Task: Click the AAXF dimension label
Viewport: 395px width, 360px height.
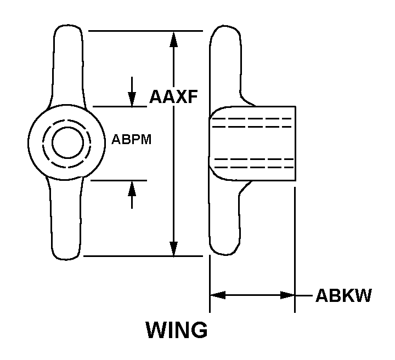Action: [x=173, y=96]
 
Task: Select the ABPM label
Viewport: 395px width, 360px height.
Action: [x=132, y=139]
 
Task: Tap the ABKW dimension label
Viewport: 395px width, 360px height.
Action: [x=343, y=295]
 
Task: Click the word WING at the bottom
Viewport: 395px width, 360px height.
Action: [x=177, y=330]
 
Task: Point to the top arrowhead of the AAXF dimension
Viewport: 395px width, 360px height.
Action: [x=173, y=39]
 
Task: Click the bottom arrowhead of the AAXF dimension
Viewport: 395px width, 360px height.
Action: [x=173, y=249]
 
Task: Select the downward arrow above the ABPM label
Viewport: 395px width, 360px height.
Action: [x=132, y=92]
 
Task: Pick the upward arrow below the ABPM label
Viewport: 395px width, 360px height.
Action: [x=132, y=195]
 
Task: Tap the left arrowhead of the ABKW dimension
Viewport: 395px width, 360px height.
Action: [x=218, y=295]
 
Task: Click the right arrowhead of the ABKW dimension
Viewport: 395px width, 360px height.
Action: [x=287, y=295]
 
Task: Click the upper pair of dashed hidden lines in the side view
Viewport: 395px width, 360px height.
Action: [x=252, y=123]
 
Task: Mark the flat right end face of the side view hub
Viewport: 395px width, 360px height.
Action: [x=295, y=144]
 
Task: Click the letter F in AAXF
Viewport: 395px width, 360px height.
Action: [x=192, y=96]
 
